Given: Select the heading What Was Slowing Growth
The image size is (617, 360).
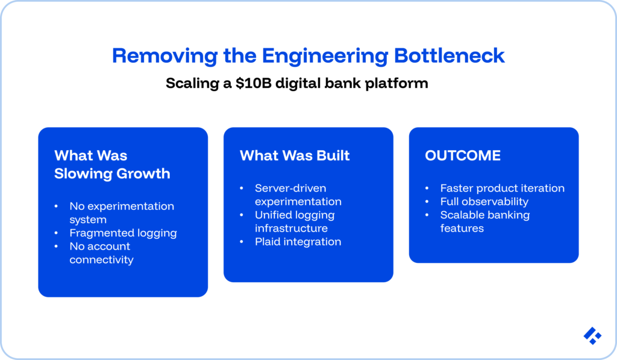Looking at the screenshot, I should pos(112,165).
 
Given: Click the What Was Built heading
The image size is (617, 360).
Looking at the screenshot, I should pos(295,156).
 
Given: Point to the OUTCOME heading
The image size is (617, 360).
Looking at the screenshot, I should pos(462,156).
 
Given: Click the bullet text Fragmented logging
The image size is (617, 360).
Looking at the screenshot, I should pos(123,233).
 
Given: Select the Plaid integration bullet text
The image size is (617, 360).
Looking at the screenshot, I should pos(298,242).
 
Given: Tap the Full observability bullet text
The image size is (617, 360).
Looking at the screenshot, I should pos(484,201).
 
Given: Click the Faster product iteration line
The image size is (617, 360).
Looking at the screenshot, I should pos(502,188).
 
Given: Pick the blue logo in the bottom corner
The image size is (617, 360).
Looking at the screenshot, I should pos(592,336).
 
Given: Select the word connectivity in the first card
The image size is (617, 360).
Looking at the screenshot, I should pos(101,260).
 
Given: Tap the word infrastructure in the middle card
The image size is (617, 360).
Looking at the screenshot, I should pos(291,229).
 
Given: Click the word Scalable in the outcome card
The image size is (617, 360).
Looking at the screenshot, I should pos(463,215).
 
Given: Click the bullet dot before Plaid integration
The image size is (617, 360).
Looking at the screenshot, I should pos(242,242).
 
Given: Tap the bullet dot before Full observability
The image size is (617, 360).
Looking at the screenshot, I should pos(427,201).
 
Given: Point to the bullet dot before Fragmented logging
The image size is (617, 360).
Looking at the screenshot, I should pos(56,233).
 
